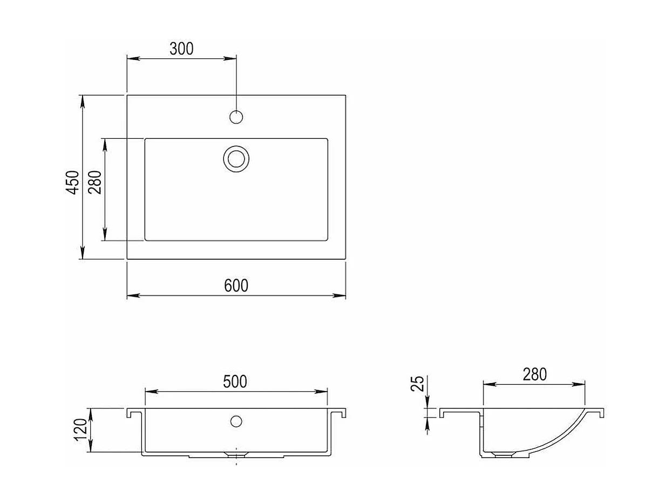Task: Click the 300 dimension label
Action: (x=181, y=49)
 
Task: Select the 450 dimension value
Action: (x=73, y=182)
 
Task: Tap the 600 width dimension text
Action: (x=236, y=285)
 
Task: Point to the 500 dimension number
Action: (x=235, y=381)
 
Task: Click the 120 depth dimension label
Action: (x=80, y=430)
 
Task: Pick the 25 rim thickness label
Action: (x=418, y=384)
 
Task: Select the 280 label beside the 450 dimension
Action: (x=95, y=182)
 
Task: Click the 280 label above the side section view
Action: (x=535, y=374)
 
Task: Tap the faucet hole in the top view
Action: (x=236, y=117)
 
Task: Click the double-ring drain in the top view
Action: (x=236, y=158)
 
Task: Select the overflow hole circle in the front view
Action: (x=236, y=421)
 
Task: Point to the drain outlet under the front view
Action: (x=236, y=455)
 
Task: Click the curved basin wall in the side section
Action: (x=561, y=438)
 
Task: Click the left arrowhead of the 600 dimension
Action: (x=133, y=295)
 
